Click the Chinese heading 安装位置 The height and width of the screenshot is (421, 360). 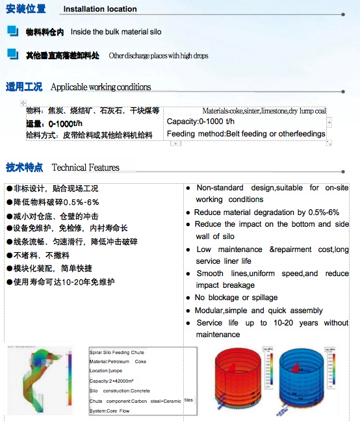(x=26, y=9)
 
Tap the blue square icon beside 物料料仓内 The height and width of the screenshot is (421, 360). (x=13, y=31)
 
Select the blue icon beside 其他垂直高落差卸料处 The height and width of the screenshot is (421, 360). (x=13, y=54)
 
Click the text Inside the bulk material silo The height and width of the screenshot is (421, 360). (x=116, y=31)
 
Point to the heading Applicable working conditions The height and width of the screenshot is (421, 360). (x=101, y=87)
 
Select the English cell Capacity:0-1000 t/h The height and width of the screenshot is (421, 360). (x=201, y=121)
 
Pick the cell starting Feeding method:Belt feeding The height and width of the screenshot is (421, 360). (x=246, y=134)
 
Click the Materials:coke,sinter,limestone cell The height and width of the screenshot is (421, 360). (x=264, y=111)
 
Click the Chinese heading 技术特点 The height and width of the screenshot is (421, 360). (x=25, y=167)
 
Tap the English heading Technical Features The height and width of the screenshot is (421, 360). (x=86, y=168)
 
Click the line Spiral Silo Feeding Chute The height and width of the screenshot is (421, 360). (x=117, y=352)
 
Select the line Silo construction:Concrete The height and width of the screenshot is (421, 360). (x=120, y=390)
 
